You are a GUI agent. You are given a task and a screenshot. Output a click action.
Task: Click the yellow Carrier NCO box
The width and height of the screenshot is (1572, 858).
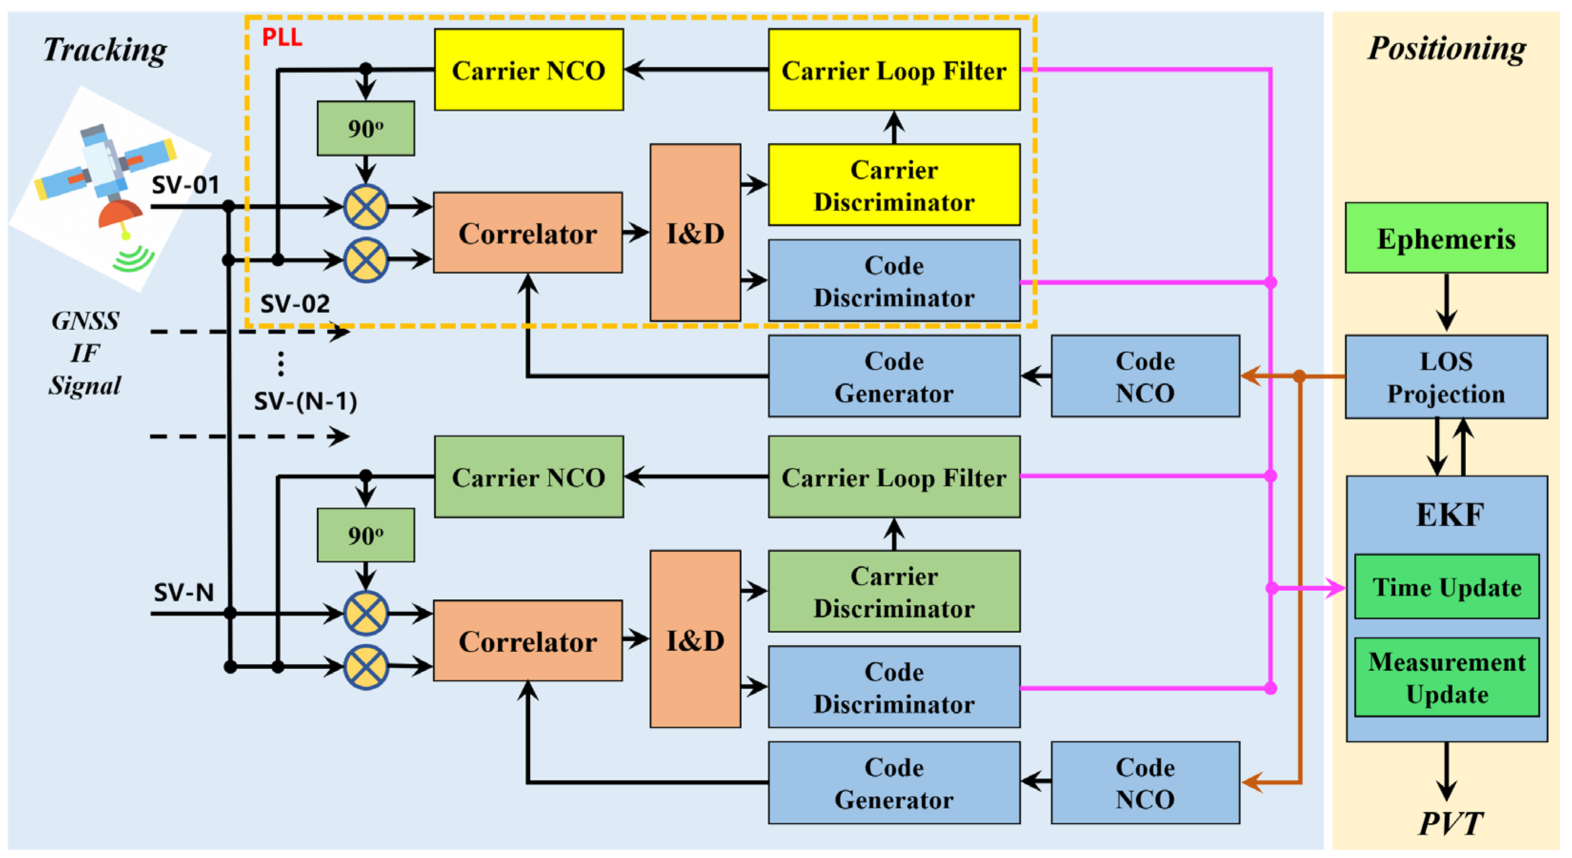528,70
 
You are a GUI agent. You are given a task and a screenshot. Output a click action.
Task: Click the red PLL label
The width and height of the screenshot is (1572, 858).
282,38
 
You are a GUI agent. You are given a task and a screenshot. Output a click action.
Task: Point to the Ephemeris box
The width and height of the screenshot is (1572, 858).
1446,238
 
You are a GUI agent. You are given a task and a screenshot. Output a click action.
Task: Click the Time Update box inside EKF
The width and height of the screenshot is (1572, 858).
1446,587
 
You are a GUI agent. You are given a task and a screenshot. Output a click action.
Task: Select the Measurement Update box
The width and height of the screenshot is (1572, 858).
1446,677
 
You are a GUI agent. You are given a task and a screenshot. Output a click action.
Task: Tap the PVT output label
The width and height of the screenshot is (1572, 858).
1450,824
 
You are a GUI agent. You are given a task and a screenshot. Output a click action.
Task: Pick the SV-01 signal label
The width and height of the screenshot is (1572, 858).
185,184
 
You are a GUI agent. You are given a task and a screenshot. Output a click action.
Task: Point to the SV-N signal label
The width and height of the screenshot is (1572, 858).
183,592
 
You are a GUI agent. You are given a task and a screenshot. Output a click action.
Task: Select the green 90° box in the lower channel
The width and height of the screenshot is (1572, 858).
365,535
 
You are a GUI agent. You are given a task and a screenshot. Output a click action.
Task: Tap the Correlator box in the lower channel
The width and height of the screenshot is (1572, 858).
527,641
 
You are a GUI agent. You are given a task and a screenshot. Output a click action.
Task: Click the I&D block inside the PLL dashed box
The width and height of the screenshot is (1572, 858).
695,232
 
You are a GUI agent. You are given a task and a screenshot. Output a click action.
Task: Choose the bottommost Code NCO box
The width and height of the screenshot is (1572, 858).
1145,783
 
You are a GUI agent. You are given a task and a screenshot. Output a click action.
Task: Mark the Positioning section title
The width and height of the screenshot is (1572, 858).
1446,48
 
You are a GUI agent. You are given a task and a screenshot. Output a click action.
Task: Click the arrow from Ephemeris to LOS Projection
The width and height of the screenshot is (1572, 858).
1446,303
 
